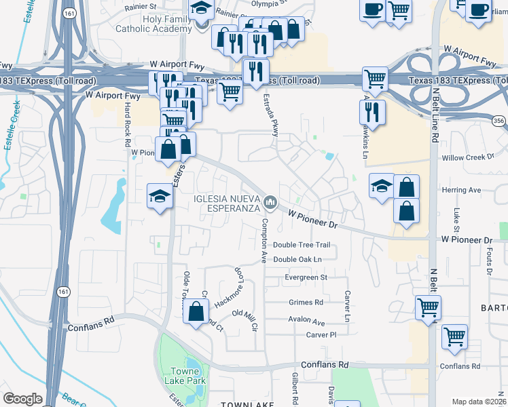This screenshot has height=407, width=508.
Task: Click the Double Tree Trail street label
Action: (301, 245)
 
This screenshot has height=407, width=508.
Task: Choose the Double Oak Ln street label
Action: (297, 259)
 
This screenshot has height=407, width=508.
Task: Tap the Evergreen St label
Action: (306, 277)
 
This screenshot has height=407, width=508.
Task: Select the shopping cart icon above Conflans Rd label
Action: (454, 336)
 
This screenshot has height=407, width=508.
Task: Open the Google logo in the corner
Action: (22, 399)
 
